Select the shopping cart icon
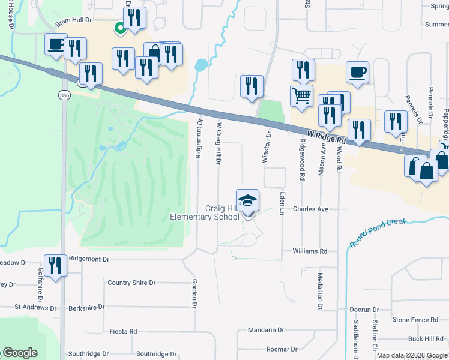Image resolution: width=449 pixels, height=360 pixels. [x=301, y=94]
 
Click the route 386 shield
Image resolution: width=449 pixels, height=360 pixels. [x=64, y=95]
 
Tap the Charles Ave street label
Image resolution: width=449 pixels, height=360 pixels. [x=310, y=209]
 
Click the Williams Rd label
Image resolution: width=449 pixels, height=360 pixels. [x=310, y=251]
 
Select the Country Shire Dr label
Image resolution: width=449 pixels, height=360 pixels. [x=131, y=283]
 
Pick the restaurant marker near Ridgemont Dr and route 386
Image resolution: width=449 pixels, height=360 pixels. [x=55, y=265]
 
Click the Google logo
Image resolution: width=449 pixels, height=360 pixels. [x=19, y=353]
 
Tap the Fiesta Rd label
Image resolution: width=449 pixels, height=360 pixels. [x=124, y=331]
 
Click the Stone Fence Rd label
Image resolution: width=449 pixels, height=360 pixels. [x=414, y=320]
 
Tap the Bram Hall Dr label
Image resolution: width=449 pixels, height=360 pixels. [x=73, y=20]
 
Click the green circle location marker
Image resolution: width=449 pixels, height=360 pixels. [x=120, y=27]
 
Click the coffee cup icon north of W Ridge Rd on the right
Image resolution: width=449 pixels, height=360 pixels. [x=357, y=72]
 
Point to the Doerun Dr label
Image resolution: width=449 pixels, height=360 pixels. [x=364, y=310]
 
